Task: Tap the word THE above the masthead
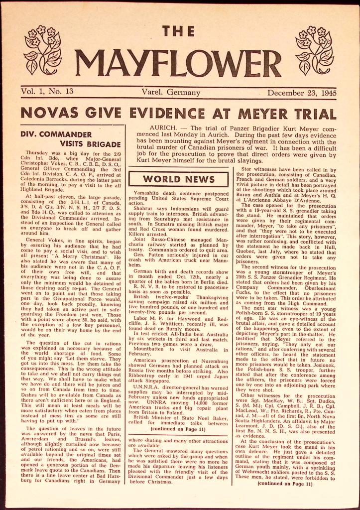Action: click(179, 32)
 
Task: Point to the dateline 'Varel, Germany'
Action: click(171, 92)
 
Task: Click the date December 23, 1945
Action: click(302, 92)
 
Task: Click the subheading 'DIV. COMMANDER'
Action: click(56, 134)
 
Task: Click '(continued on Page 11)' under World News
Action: click(178, 428)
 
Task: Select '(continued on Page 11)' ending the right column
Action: click(285, 483)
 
